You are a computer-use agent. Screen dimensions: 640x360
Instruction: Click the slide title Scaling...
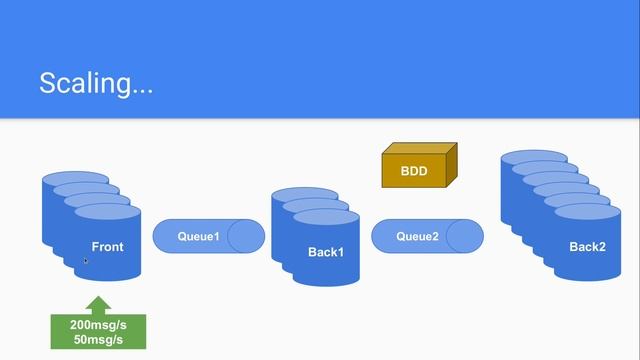[96, 84]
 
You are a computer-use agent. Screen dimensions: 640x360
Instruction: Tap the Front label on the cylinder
[107, 247]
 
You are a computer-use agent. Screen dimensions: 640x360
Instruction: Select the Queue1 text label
[198, 236]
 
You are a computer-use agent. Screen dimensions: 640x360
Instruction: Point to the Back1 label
[326, 252]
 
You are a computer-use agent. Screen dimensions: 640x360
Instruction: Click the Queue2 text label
[417, 236]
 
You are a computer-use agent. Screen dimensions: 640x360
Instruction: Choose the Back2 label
[587, 247]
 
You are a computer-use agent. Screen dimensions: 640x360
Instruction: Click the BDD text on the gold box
[414, 171]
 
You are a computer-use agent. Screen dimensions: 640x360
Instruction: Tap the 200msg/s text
[98, 325]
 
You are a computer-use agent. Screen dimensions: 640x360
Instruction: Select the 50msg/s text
[98, 340]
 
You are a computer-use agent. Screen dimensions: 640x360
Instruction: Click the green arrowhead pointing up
[98, 304]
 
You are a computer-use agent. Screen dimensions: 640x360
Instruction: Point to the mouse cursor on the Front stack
[86, 261]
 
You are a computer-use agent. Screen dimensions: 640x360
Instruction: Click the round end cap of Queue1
[246, 236]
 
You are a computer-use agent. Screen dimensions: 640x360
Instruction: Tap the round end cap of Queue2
[465, 236]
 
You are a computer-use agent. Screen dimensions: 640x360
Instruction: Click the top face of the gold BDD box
[420, 149]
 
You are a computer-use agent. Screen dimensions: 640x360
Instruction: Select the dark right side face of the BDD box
[451, 165]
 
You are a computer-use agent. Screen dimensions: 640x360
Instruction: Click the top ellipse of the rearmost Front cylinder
[76, 179]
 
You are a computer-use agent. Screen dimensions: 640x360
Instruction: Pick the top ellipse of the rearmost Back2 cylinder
[534, 158]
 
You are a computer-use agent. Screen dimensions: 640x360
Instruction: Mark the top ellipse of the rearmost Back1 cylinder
[305, 195]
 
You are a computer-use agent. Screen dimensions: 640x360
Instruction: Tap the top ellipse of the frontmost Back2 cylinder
[588, 213]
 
